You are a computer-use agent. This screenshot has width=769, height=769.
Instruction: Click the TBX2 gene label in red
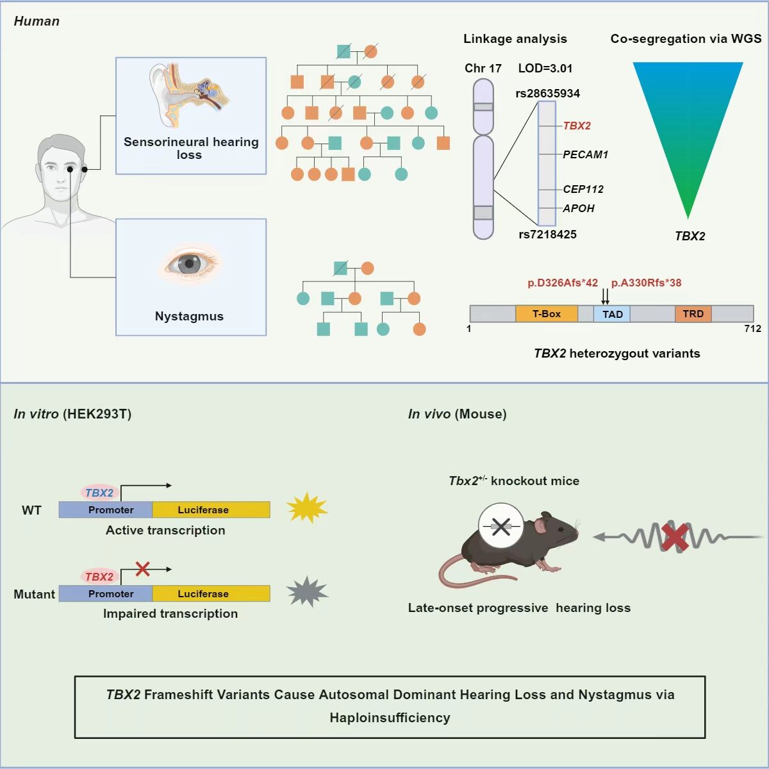[577, 126]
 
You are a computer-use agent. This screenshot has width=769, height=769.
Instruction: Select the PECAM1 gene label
[585, 154]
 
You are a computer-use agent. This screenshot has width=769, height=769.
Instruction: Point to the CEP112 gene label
[583, 189]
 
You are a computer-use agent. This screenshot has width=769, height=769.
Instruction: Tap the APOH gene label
[579, 208]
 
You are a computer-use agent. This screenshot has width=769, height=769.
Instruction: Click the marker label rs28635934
[547, 94]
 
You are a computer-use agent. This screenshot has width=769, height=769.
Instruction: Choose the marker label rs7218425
[547, 235]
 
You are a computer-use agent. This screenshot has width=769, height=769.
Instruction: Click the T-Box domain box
[546, 314]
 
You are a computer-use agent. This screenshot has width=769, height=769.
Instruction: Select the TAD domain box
[612, 314]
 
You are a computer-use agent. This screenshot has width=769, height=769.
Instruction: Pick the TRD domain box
[693, 314]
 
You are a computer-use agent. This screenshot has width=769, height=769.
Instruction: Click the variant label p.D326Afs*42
[563, 283]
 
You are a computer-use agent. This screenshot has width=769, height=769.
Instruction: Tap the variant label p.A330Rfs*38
[646, 283]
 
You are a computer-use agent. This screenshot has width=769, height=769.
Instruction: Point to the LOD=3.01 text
[545, 69]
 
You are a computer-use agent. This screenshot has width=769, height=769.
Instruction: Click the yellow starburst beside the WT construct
[306, 508]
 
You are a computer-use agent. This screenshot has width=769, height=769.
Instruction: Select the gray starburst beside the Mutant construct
[307, 591]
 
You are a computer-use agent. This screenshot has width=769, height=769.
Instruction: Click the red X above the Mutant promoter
[143, 568]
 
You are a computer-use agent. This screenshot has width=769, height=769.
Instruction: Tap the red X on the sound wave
[675, 537]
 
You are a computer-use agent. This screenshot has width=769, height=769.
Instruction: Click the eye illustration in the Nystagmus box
[190, 263]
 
